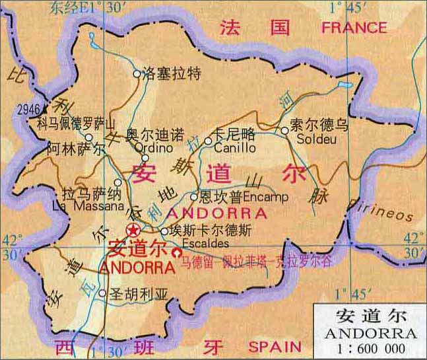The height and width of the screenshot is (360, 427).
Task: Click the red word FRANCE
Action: pos(354,28)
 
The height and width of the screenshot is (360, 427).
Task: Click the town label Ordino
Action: pos(145,149)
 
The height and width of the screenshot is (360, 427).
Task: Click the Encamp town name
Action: pos(266,197)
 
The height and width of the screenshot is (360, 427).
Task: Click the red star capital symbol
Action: pos(134,231)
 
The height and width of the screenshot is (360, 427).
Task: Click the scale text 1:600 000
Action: pos(372,348)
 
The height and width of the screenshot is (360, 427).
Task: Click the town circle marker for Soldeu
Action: pos(285,131)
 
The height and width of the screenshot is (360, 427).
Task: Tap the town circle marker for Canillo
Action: pos(209,141)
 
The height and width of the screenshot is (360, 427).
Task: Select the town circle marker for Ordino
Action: pos(145,139)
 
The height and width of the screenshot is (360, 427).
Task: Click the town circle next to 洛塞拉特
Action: pos(137,75)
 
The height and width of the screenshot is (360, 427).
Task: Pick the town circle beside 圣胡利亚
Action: pos(102,293)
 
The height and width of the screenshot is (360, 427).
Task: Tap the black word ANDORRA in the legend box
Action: pos(371,333)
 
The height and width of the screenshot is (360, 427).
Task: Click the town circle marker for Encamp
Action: pos(194,197)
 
